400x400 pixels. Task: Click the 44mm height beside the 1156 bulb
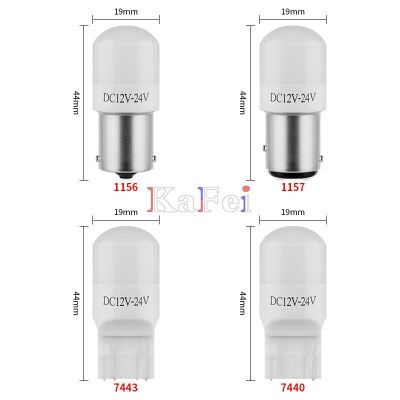76,100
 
